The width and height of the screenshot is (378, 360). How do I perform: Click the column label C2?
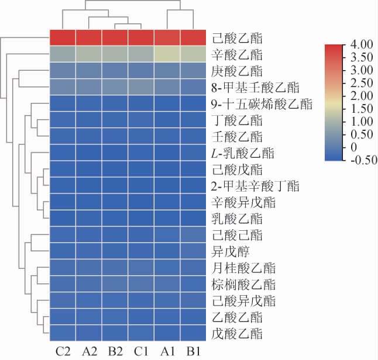63,351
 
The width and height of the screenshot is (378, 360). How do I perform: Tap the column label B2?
115,351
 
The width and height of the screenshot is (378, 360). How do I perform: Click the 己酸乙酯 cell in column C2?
62,37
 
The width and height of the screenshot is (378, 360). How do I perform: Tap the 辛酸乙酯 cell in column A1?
168,54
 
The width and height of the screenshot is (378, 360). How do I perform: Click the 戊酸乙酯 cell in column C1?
142,333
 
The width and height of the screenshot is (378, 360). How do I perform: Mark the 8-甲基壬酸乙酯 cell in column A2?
88,87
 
